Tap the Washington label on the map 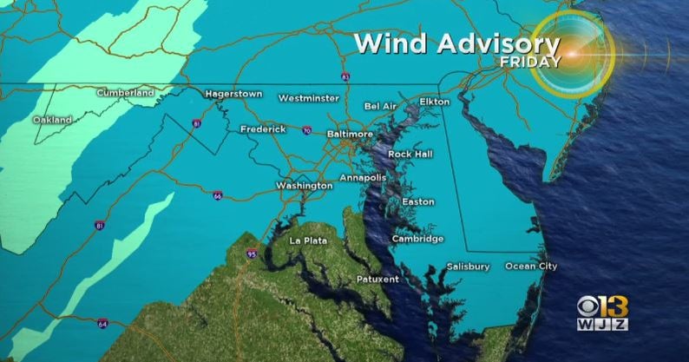(304, 186)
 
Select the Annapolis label (362, 177)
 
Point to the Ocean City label (531, 266)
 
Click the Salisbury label (468, 266)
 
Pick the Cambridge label (417, 239)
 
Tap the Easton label (417, 202)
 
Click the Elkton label (434, 102)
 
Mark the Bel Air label (380, 106)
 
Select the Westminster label (308, 98)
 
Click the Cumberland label (125, 92)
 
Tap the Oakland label (52, 119)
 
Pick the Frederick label (263, 129)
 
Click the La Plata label (309, 240)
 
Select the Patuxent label (377, 279)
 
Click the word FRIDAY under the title (528, 62)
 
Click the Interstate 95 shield (251, 254)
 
